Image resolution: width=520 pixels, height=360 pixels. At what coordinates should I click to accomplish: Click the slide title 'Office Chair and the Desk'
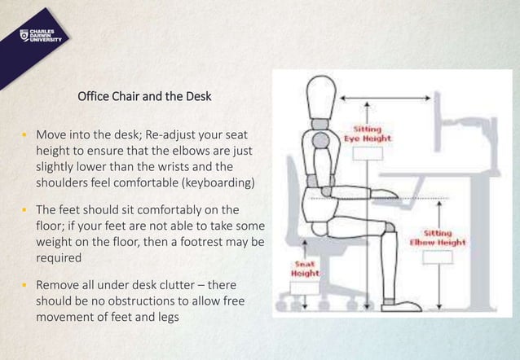(x=144, y=97)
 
